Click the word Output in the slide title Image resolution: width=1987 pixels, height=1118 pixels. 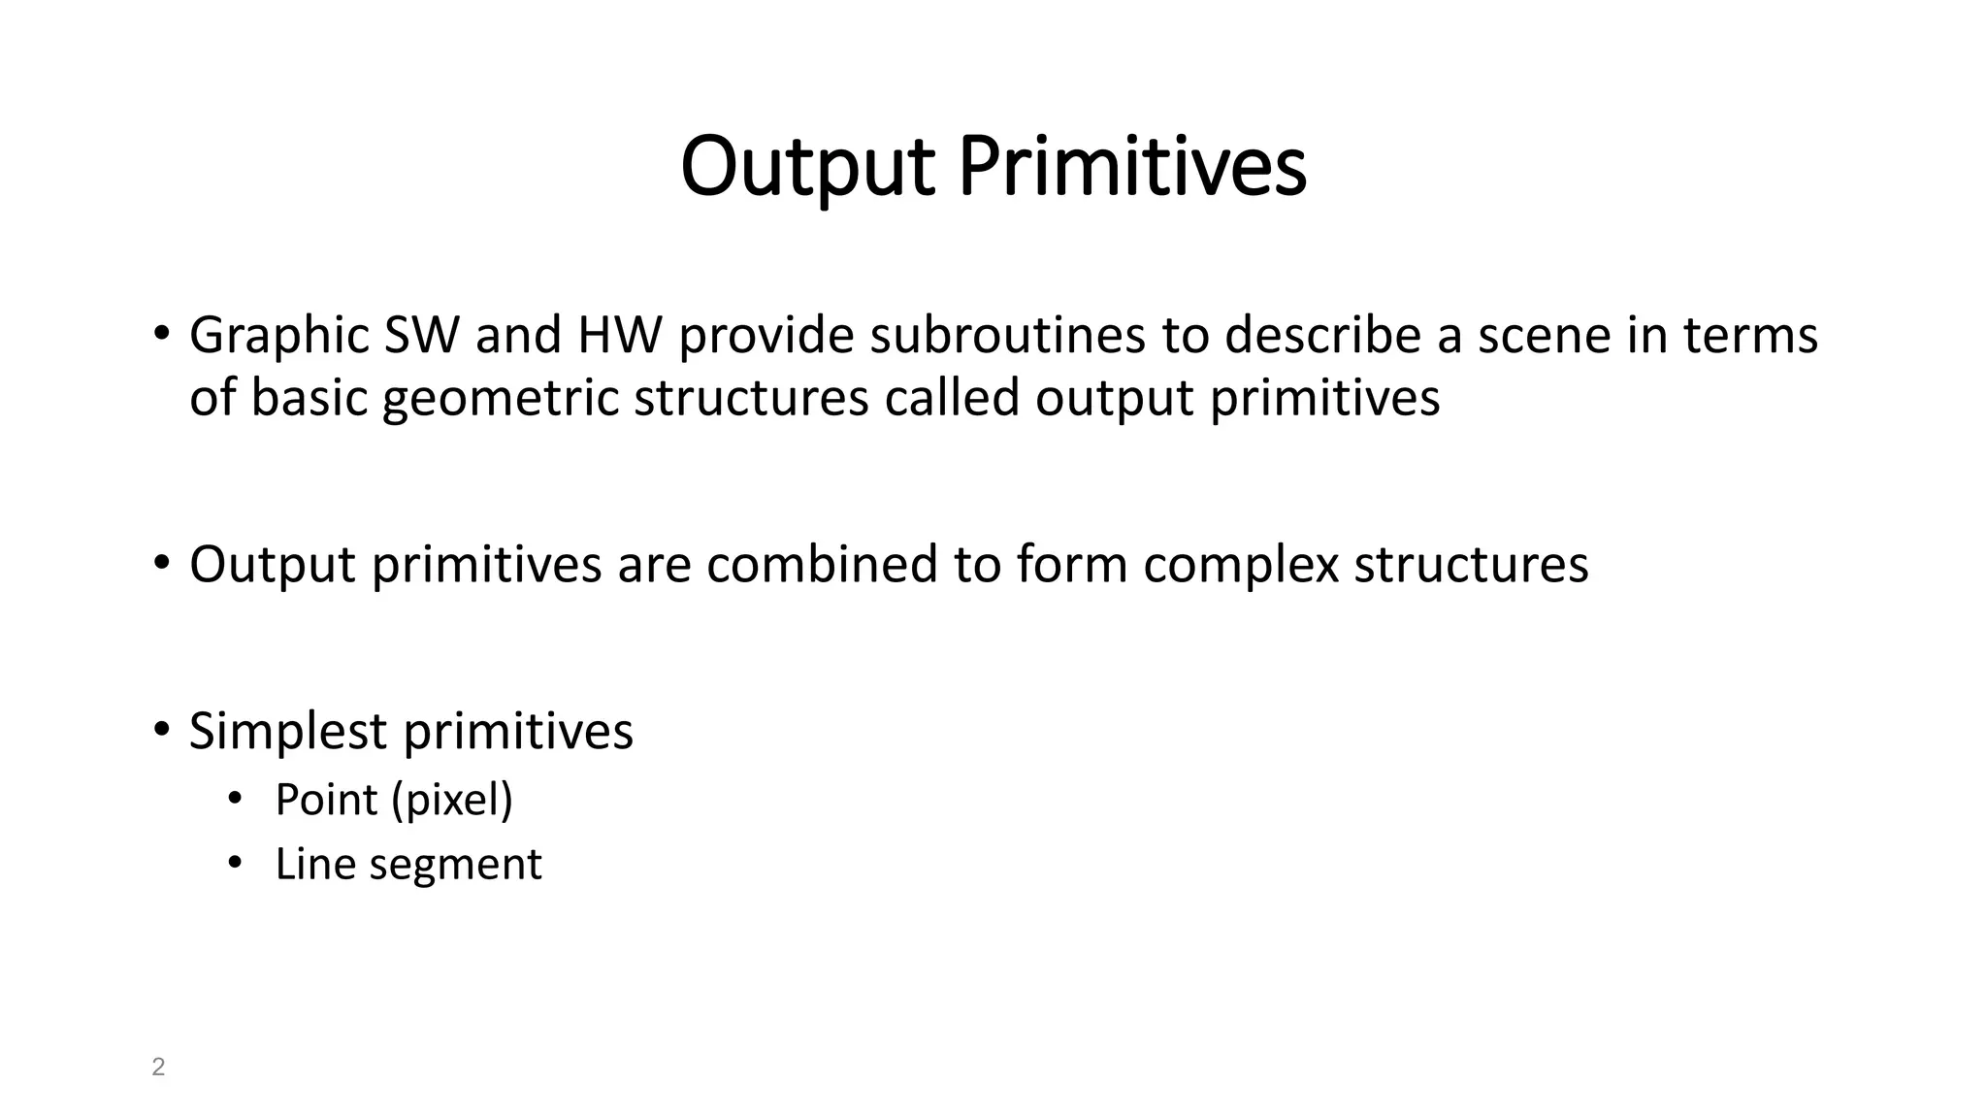click(807, 167)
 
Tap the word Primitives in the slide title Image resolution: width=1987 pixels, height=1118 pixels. click(1132, 167)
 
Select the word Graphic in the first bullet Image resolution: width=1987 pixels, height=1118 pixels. click(278, 336)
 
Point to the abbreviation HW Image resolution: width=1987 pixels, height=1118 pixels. click(619, 336)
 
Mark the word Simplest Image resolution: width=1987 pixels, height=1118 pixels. click(288, 732)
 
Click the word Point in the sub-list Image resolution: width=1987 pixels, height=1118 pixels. click(326, 800)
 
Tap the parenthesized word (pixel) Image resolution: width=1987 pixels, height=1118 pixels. click(452, 801)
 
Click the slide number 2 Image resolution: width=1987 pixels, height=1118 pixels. click(158, 1068)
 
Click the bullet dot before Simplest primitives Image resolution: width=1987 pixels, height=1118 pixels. click(161, 729)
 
